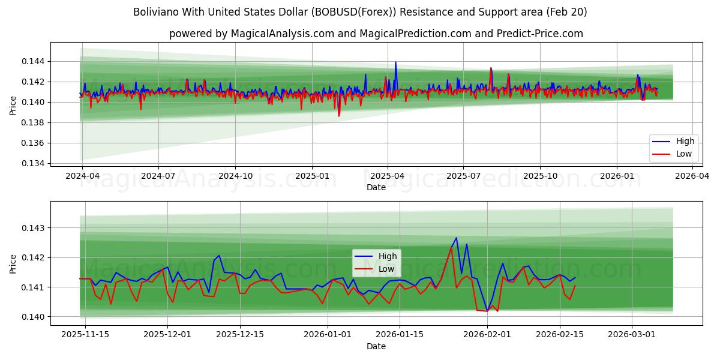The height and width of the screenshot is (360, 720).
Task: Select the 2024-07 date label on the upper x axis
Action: pyautogui.click(x=158, y=176)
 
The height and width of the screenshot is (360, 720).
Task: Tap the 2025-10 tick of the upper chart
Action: pyautogui.click(x=540, y=176)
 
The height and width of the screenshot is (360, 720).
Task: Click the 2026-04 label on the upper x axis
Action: pyautogui.click(x=692, y=176)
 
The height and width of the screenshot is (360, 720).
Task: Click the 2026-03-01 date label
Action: pyautogui.click(x=632, y=335)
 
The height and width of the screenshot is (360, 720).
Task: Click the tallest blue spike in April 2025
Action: pyautogui.click(x=395, y=62)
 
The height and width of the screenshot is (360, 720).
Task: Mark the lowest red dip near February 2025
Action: pyautogui.click(x=338, y=115)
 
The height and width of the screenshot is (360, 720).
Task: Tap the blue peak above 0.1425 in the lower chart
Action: pyautogui.click(x=456, y=238)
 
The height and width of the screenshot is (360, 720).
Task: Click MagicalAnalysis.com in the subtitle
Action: pyautogui.click(x=282, y=34)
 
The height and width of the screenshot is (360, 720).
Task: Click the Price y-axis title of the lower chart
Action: pyautogui.click(x=13, y=263)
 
